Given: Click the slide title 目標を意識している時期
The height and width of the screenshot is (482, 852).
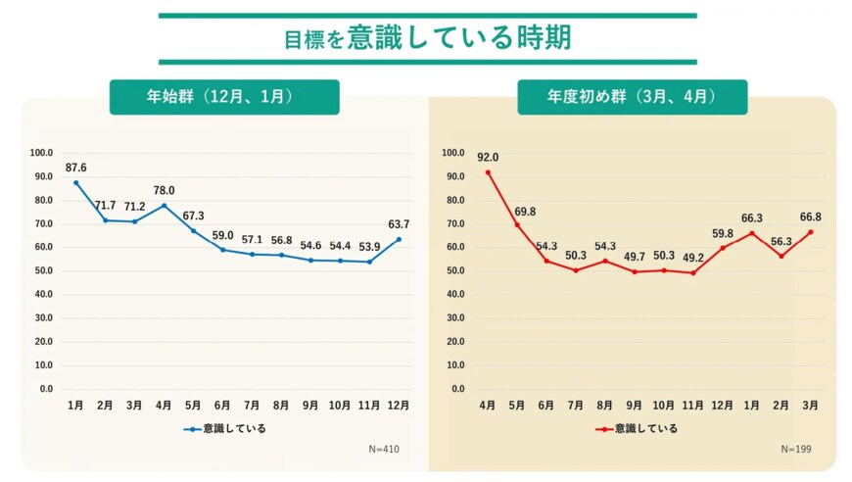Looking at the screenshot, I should tap(427, 39).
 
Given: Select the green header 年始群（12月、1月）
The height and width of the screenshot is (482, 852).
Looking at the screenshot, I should tap(224, 97).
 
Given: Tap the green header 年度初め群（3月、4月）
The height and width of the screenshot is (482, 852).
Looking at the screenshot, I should tap(632, 97).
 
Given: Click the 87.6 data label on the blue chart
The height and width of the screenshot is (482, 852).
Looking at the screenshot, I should tap(76, 168).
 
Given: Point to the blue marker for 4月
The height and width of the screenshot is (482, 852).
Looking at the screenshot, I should tap(165, 206).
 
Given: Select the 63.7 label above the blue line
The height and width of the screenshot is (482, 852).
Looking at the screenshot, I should tap(399, 223).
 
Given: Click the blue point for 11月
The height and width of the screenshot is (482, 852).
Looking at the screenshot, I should tap(369, 262).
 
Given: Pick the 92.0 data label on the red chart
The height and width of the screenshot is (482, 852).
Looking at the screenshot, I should tap(488, 157).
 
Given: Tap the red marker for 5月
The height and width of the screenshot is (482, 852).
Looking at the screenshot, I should tap(517, 224).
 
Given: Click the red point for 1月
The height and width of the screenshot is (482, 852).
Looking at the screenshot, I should tap(752, 232).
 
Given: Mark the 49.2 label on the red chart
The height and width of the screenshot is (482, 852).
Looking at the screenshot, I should tap(693, 258).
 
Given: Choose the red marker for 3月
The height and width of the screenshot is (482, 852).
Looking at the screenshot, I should tap(811, 231).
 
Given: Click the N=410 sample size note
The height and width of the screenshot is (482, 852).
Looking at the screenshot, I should tap(384, 449).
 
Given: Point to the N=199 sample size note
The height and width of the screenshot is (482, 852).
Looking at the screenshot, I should tap(795, 449).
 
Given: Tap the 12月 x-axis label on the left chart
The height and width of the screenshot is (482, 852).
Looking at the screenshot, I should tap(399, 405).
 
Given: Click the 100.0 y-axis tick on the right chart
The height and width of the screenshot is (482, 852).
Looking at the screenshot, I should tap(452, 153).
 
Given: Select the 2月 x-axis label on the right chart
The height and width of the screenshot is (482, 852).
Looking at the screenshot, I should tap(781, 405).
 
